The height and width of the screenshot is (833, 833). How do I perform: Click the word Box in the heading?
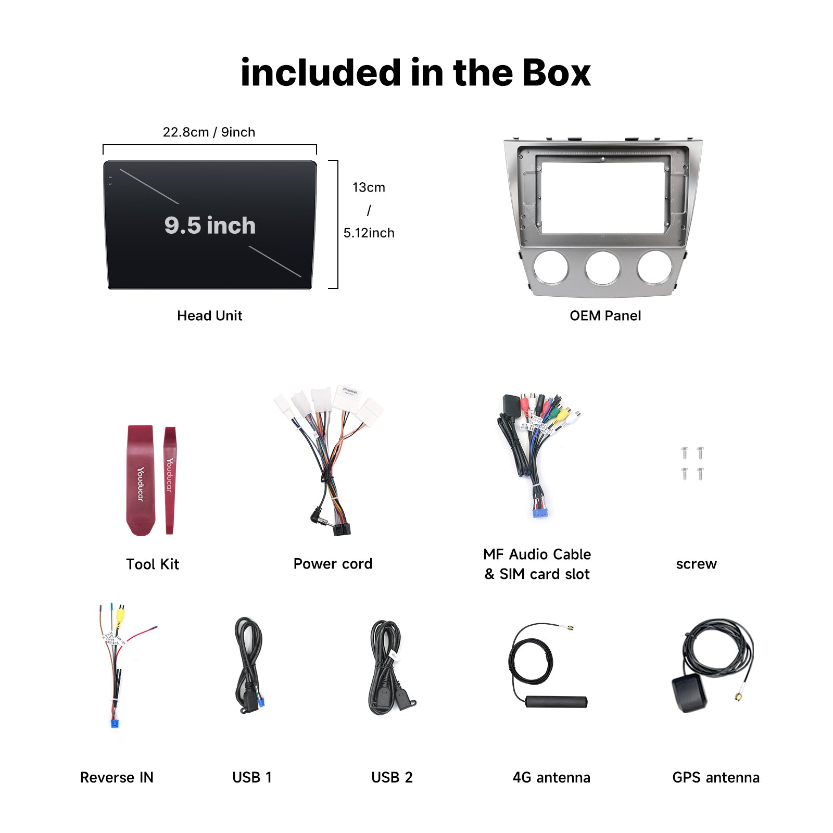pyautogui.click(x=556, y=72)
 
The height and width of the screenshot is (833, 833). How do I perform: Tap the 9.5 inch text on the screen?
pyautogui.click(x=210, y=225)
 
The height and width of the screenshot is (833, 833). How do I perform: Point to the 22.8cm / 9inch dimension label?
pyautogui.click(x=209, y=132)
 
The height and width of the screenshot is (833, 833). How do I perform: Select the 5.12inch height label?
pyautogui.click(x=369, y=233)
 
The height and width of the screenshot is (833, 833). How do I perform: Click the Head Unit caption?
pyautogui.click(x=209, y=315)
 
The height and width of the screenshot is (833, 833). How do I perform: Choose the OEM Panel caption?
pyautogui.click(x=605, y=315)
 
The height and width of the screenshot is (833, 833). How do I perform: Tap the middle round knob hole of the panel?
pyautogui.click(x=603, y=268)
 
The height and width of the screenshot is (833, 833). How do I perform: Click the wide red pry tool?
pyautogui.click(x=141, y=480)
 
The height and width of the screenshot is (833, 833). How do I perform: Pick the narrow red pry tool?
pyautogui.click(x=170, y=480)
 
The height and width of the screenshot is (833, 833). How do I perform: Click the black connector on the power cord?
pyautogui.click(x=342, y=528)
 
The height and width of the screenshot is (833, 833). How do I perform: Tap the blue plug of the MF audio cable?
pyautogui.click(x=540, y=513)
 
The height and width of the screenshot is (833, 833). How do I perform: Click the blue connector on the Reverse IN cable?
pyautogui.click(x=115, y=723)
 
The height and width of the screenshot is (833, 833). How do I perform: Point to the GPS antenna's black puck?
pyautogui.click(x=689, y=694)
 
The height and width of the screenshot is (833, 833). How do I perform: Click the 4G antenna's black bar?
pyautogui.click(x=556, y=701)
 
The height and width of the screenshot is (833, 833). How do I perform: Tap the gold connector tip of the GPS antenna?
pyautogui.click(x=739, y=697)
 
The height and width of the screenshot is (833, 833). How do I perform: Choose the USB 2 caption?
pyautogui.click(x=392, y=777)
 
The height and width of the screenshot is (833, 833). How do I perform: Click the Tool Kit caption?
pyautogui.click(x=153, y=564)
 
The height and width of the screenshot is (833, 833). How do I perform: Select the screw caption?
pyautogui.click(x=696, y=564)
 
